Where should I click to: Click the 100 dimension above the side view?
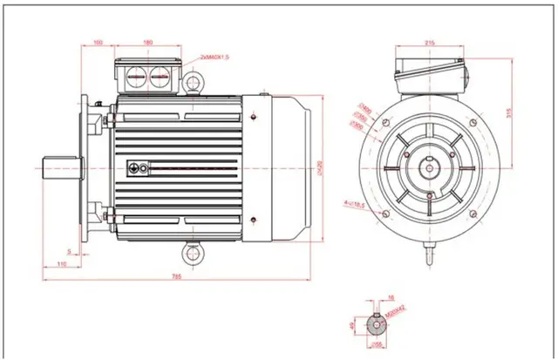[x=98, y=41]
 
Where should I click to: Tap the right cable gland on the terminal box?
[x=160, y=76]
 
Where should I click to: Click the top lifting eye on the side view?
[x=194, y=82]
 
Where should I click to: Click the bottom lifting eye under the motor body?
[x=194, y=254]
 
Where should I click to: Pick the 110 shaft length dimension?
[x=61, y=262]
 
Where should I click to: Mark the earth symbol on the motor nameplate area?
[x=134, y=166]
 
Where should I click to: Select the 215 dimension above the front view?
[x=430, y=41]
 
